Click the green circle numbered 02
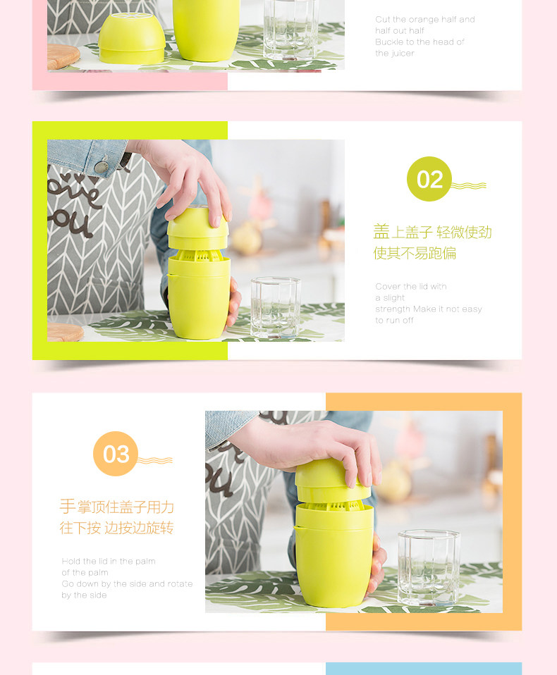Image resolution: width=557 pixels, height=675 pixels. tap(429, 179)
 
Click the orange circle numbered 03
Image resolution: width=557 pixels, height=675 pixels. tap(116, 454)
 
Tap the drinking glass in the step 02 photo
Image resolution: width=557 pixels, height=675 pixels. tap(276, 307)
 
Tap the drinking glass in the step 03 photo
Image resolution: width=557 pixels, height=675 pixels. tap(429, 567)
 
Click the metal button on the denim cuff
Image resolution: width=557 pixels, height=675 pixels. tap(102, 166)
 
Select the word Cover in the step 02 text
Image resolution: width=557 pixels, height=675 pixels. tap(386, 286)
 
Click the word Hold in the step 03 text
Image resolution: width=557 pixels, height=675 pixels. tap(71, 561)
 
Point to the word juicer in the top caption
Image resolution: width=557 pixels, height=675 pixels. tap(403, 54)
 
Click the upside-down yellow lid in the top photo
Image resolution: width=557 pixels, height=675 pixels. tap(132, 38)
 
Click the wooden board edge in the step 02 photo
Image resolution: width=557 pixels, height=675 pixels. tap(66, 333)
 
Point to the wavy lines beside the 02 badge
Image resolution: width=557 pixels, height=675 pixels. tap(469, 185)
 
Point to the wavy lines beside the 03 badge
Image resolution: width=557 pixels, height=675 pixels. tap(155, 460)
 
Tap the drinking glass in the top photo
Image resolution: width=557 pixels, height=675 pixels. tap(291, 30)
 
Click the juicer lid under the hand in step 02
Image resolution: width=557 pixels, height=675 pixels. tap(197, 228)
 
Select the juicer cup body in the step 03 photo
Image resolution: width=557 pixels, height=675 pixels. tap(334, 555)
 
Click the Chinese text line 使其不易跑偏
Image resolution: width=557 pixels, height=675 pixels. tap(415, 253)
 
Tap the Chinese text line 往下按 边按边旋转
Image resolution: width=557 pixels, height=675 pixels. tap(117, 527)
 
